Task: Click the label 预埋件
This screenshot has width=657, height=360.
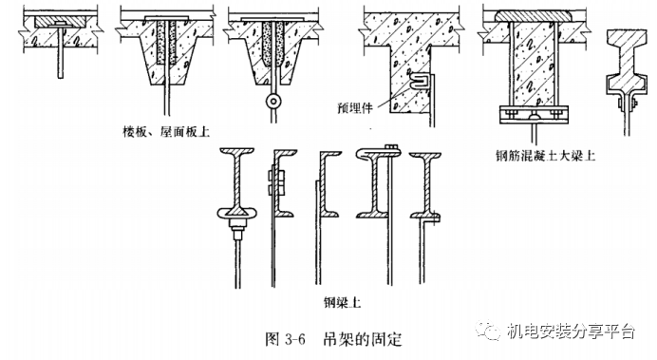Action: click(x=354, y=108)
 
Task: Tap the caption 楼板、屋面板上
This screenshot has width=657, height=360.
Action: click(x=166, y=132)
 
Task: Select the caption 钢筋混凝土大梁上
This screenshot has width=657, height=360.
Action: click(x=545, y=156)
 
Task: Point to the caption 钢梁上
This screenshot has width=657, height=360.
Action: click(x=342, y=302)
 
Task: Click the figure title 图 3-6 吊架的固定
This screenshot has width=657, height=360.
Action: click(x=333, y=338)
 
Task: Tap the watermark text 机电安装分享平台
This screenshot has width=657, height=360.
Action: click(x=571, y=332)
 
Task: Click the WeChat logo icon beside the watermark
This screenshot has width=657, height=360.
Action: click(x=488, y=331)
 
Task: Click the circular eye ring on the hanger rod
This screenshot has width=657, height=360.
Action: click(x=273, y=101)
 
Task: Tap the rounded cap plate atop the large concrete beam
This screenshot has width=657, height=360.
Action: click(x=534, y=15)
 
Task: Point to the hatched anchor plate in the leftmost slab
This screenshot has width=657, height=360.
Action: click(x=61, y=22)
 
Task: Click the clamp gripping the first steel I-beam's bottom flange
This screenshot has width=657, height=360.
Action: click(x=237, y=214)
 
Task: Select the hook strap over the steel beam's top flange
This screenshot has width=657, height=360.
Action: click(x=378, y=153)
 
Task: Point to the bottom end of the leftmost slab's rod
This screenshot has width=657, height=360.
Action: click(x=61, y=78)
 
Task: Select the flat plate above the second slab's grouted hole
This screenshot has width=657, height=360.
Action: click(x=166, y=18)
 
